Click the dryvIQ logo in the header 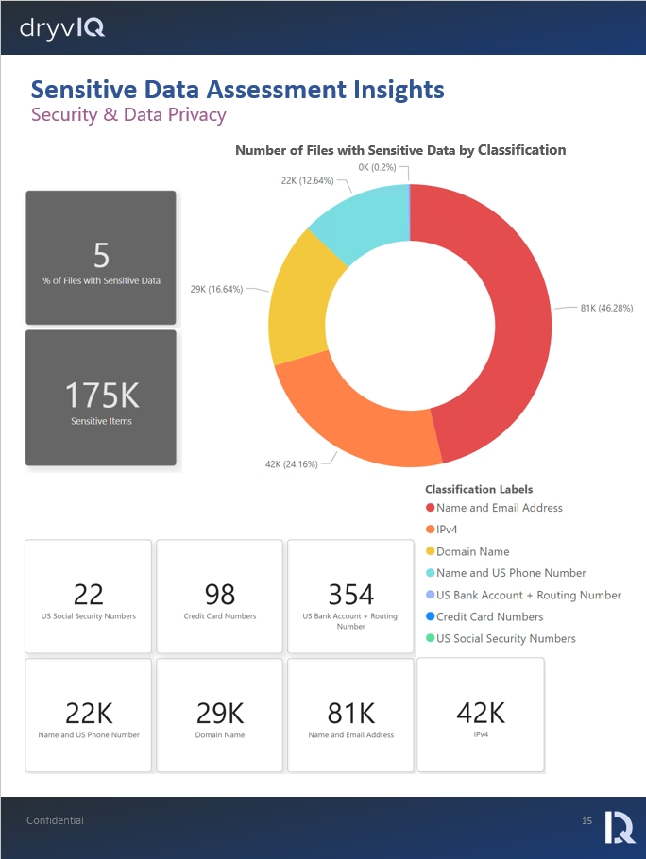(x=62, y=29)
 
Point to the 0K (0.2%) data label (x=378, y=167)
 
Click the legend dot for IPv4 (x=431, y=530)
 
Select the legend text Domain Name (x=472, y=551)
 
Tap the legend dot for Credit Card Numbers (x=431, y=616)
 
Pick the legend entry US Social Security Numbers (x=505, y=638)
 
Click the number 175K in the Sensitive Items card (x=101, y=395)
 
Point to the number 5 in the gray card (x=101, y=255)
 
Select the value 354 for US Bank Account (x=350, y=594)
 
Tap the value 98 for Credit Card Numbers (x=219, y=594)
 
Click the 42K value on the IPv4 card (x=480, y=712)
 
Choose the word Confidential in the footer (x=55, y=820)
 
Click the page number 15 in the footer (x=586, y=821)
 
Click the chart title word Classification (x=521, y=150)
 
